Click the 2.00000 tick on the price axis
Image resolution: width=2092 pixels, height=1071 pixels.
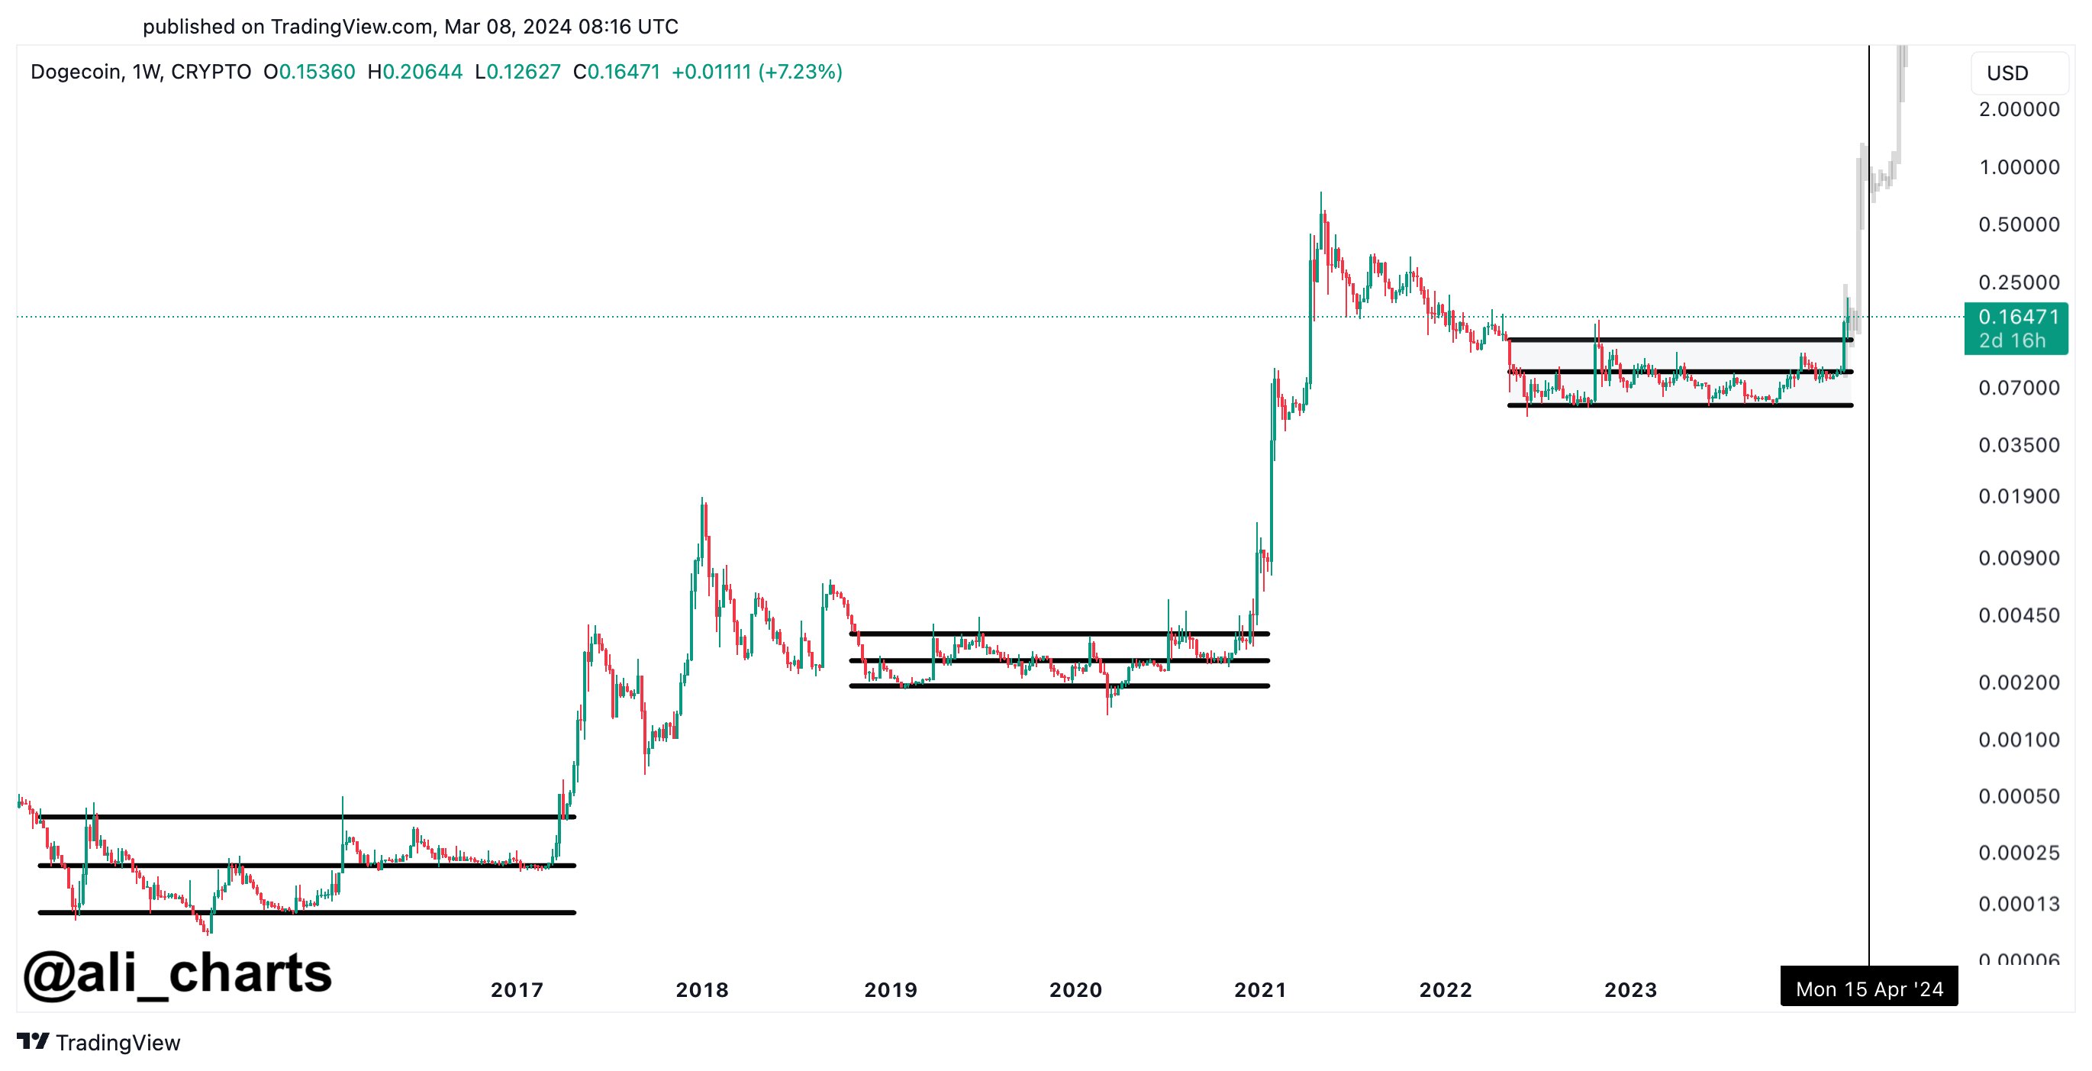tap(2019, 110)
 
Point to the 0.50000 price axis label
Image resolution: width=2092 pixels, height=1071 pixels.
tap(2019, 225)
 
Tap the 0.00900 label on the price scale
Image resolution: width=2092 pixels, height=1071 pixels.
tap(2019, 559)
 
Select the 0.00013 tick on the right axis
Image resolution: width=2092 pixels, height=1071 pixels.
tap(2019, 904)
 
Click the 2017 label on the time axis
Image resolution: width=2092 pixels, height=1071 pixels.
tap(517, 990)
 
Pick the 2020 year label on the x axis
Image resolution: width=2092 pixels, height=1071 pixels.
tap(1075, 990)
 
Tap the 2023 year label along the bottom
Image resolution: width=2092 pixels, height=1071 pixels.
tap(1631, 990)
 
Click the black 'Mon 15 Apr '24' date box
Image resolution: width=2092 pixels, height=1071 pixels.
tap(1868, 989)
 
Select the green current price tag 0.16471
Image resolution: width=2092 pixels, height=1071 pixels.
tap(2016, 328)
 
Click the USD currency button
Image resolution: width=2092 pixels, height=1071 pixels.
tap(2007, 74)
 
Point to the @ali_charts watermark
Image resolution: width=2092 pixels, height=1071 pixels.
tap(178, 973)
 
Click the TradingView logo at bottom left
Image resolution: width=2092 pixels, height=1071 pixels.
tap(99, 1043)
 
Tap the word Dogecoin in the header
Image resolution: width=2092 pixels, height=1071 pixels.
tap(76, 73)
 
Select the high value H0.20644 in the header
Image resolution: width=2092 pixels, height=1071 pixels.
tap(415, 73)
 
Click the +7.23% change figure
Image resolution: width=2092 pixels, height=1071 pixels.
tap(800, 73)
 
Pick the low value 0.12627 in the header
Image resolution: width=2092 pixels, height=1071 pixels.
tap(523, 73)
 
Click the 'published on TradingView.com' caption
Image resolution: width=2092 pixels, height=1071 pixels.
tap(410, 27)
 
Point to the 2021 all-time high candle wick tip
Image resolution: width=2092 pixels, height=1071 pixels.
tap(1320, 193)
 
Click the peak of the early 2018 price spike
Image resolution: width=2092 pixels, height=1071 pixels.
tap(702, 498)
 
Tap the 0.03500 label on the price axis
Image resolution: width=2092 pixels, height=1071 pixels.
tap(2019, 446)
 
